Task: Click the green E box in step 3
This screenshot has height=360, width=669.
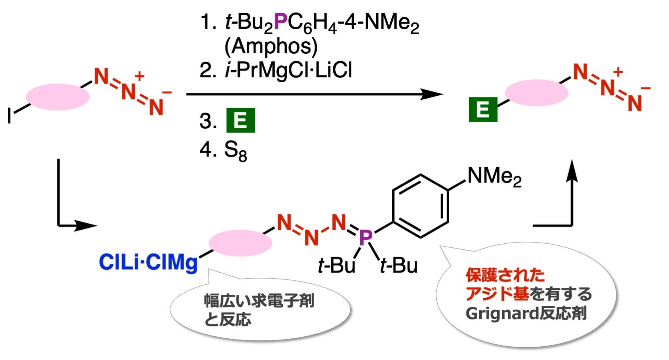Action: pos(240,120)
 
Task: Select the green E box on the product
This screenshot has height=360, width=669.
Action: pos(483,109)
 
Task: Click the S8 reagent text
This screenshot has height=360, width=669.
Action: pos(235,151)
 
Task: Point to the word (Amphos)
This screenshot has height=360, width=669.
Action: pos(271,46)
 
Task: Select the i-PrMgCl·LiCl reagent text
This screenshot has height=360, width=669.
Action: pos(288,71)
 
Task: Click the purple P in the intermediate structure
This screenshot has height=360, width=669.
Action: pos(365,237)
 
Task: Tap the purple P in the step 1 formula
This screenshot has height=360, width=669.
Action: pos(280,22)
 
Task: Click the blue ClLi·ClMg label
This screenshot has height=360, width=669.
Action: pos(148,263)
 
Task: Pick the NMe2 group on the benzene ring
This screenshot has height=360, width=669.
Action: pos(494,177)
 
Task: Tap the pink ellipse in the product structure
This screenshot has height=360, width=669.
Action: pos(536,93)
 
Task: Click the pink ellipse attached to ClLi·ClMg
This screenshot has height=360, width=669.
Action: pos(240,243)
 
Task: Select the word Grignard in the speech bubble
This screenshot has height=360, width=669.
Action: pos(501,313)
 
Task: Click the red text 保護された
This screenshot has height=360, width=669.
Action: pos(505,275)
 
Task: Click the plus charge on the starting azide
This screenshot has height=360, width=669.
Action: pos(139,76)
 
